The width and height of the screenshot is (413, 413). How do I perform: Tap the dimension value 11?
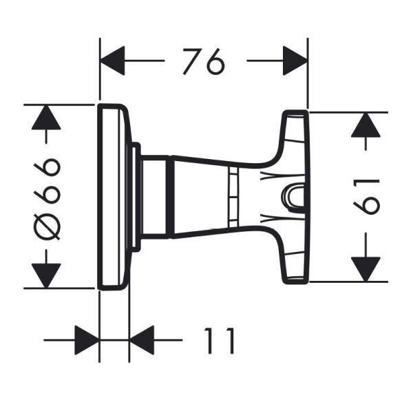[220, 339]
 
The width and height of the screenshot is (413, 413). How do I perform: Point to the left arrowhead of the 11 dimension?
[86, 339]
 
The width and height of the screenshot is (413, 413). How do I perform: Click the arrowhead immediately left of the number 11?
[142, 339]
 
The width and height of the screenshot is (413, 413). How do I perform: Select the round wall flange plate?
[114, 196]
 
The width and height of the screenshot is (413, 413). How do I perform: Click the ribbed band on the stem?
[232, 197]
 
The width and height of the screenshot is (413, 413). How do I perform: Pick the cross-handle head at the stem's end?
[293, 197]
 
